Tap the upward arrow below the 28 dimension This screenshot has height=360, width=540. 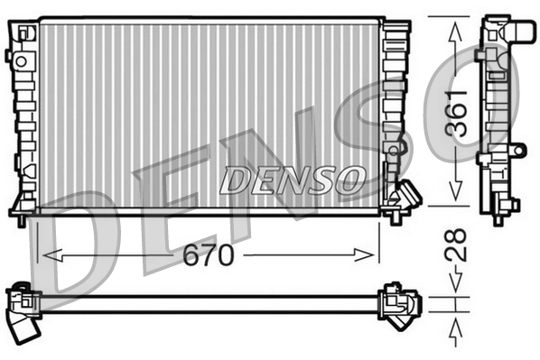pos(456,327)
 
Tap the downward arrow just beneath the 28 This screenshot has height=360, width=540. pos(456,287)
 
